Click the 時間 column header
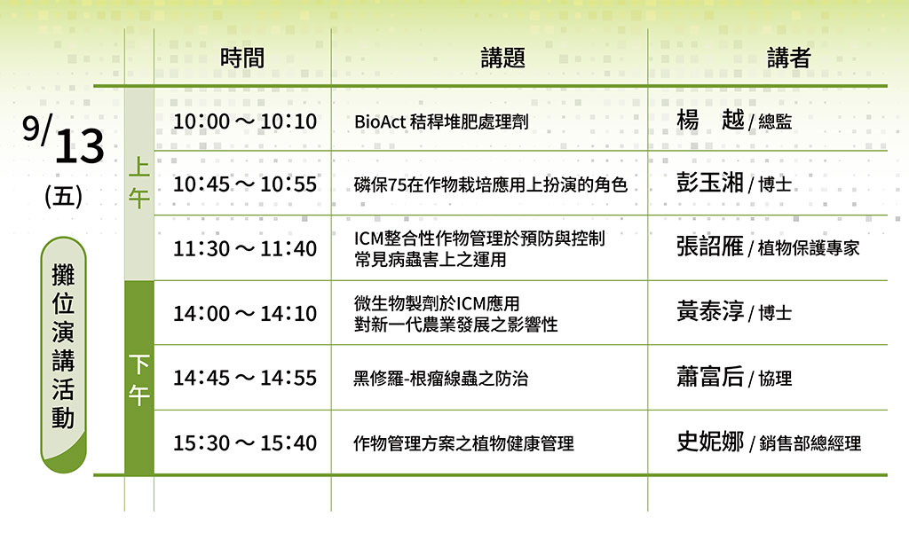pyautogui.click(x=242, y=58)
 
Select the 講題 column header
pyautogui.click(x=502, y=58)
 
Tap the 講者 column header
pyautogui.click(x=788, y=58)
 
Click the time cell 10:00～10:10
pyautogui.click(x=245, y=121)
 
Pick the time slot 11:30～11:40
pyautogui.click(x=245, y=249)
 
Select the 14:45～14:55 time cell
pyautogui.click(x=245, y=378)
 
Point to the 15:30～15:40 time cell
pyautogui.click(x=245, y=443)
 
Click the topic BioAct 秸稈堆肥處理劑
pyautogui.click(x=441, y=121)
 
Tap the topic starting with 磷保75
pyautogui.click(x=490, y=184)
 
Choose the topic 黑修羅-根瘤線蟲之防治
pyautogui.click(x=440, y=379)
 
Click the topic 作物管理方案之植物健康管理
pyautogui.click(x=463, y=444)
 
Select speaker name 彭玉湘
pyautogui.click(x=710, y=183)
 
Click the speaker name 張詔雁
pyautogui.click(x=710, y=247)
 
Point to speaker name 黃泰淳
pyautogui.click(x=710, y=311)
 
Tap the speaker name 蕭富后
pyautogui.click(x=710, y=377)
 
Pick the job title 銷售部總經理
pyautogui.click(x=810, y=444)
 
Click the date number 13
pyautogui.click(x=79, y=145)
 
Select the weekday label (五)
pyautogui.click(x=63, y=196)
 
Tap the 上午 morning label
pyautogui.click(x=139, y=183)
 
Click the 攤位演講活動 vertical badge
pyautogui.click(x=63, y=354)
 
